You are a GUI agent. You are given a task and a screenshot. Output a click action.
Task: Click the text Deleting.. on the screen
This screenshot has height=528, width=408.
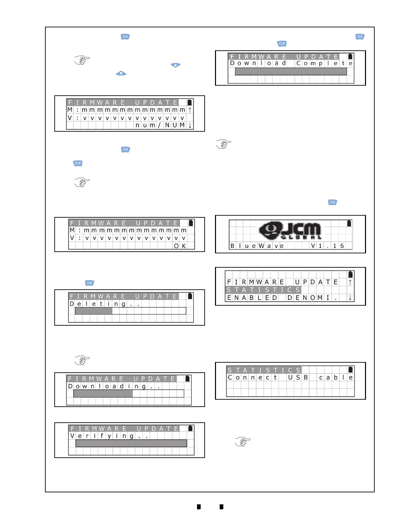pyautogui.click(x=104, y=304)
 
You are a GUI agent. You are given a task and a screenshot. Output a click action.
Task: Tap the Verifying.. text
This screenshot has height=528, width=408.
pyautogui.click(x=109, y=436)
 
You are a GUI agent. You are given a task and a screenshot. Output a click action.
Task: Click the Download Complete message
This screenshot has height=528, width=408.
pyautogui.click(x=291, y=63)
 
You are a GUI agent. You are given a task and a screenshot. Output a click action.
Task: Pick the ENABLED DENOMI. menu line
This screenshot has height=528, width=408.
pyautogui.click(x=282, y=298)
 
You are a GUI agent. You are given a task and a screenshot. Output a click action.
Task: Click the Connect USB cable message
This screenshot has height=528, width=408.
pyautogui.click(x=290, y=378)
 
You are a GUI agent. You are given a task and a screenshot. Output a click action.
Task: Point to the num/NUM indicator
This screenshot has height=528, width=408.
pyautogui.click(x=160, y=125)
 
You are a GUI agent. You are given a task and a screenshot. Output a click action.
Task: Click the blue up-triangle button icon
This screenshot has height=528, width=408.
pyautogui.click(x=175, y=65)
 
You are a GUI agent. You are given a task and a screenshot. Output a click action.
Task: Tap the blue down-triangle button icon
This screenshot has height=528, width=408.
pyautogui.click(x=121, y=73)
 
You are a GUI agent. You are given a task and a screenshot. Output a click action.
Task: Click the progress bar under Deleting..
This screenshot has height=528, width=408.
pyautogui.click(x=130, y=311)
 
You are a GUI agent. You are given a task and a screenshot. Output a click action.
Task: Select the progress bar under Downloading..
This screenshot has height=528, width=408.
pyautogui.click(x=129, y=394)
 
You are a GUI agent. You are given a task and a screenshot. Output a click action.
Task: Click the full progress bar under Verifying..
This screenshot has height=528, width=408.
pyautogui.click(x=131, y=443)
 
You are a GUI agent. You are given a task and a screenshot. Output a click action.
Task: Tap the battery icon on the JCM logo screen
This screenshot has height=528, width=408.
pyautogui.click(x=349, y=223)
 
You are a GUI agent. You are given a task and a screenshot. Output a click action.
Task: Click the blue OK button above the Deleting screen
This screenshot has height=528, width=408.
pyautogui.click(x=90, y=283)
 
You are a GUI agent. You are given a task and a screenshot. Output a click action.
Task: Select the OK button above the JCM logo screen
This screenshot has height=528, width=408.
pyautogui.click(x=332, y=202)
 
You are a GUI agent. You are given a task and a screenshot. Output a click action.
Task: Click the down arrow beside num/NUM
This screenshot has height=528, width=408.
pyautogui.click(x=190, y=125)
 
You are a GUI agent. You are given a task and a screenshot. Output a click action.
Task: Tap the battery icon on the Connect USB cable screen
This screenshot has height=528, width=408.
pyautogui.click(x=350, y=369)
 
